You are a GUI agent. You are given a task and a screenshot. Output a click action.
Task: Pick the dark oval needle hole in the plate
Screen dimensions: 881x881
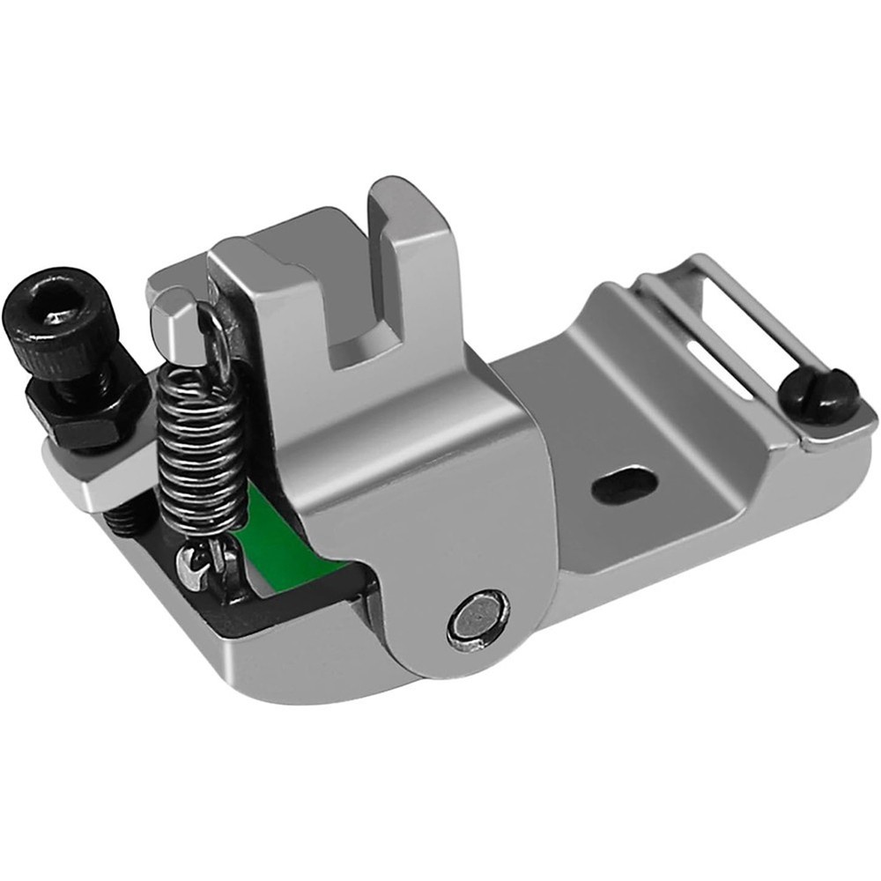click(625, 484)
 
